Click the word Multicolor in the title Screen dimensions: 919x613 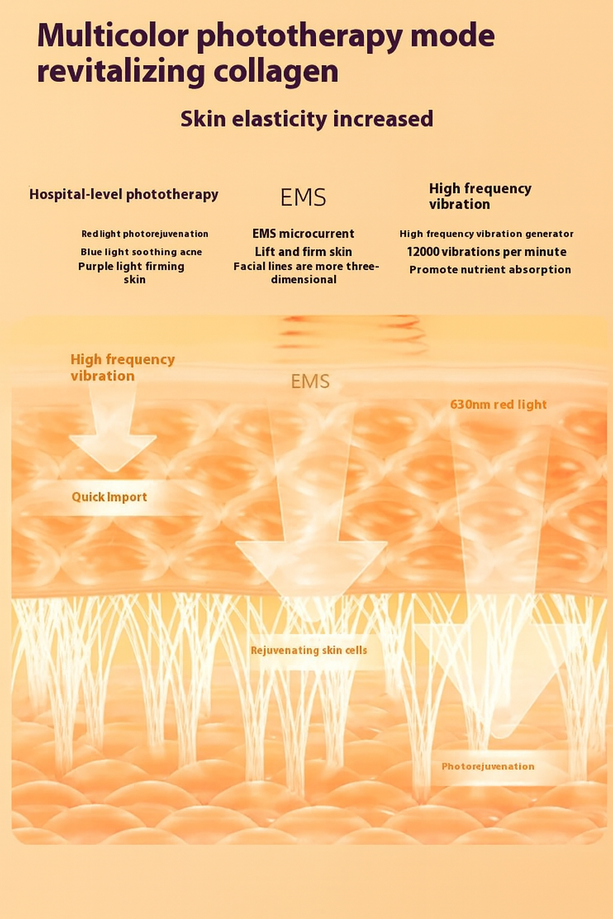tap(113, 36)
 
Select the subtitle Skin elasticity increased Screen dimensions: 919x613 tap(306, 119)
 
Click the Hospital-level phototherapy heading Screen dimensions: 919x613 tap(124, 194)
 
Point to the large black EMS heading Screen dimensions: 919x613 tap(303, 197)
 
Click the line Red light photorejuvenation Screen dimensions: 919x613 tap(145, 234)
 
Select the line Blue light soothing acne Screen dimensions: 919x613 tap(141, 252)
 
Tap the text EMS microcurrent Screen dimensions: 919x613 tap(303, 233)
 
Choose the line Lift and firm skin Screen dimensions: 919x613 tap(303, 252)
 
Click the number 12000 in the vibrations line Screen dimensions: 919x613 tap(423, 252)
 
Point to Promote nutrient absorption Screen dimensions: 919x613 tap(490, 270)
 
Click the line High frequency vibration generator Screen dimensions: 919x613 tap(486, 234)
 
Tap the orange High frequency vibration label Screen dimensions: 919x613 tap(122, 367)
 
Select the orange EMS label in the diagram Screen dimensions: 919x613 tap(310, 382)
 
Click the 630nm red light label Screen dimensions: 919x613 tap(498, 404)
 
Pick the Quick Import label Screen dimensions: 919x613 tap(109, 497)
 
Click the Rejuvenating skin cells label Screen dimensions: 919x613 tap(308, 650)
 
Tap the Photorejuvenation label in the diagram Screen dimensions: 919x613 tap(488, 766)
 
